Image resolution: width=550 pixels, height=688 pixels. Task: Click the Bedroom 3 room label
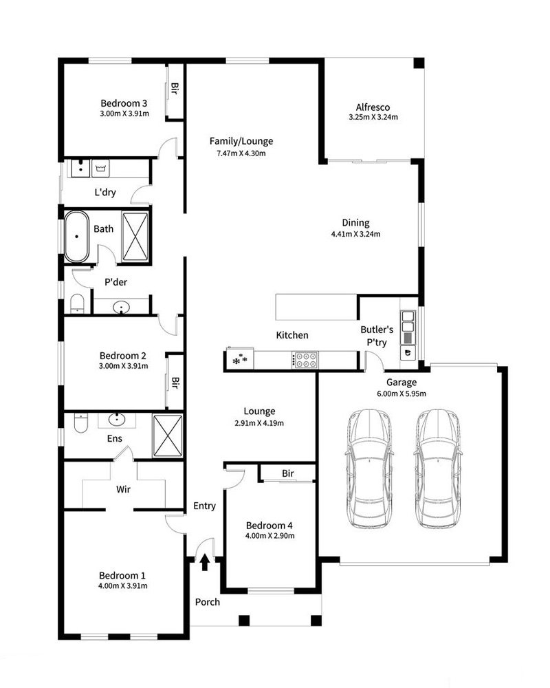(124, 103)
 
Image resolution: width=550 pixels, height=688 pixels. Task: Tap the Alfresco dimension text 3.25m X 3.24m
(373, 117)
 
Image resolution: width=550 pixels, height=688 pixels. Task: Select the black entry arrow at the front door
(204, 562)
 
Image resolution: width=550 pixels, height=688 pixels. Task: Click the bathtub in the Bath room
(77, 237)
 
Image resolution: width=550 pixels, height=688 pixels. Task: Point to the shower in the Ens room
(168, 436)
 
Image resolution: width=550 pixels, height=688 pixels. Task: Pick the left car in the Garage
(368, 469)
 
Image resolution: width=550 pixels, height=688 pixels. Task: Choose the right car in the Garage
(438, 469)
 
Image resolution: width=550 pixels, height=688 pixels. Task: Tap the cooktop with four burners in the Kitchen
(305, 360)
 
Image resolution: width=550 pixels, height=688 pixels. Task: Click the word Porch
(208, 602)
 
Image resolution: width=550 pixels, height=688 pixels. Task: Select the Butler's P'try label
(377, 336)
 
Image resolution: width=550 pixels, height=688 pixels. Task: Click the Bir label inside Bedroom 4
(288, 473)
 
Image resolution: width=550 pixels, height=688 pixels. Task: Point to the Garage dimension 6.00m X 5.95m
(401, 394)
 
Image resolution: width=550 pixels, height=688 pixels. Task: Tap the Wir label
(123, 489)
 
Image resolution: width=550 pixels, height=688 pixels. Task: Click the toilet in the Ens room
(80, 423)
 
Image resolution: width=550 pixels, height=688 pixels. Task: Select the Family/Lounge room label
(241, 141)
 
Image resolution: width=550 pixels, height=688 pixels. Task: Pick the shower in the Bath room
(135, 237)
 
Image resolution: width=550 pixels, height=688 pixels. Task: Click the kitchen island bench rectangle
(316, 307)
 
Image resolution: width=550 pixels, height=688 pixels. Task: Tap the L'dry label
(105, 192)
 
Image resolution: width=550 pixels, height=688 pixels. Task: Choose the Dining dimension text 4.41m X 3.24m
(355, 235)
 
